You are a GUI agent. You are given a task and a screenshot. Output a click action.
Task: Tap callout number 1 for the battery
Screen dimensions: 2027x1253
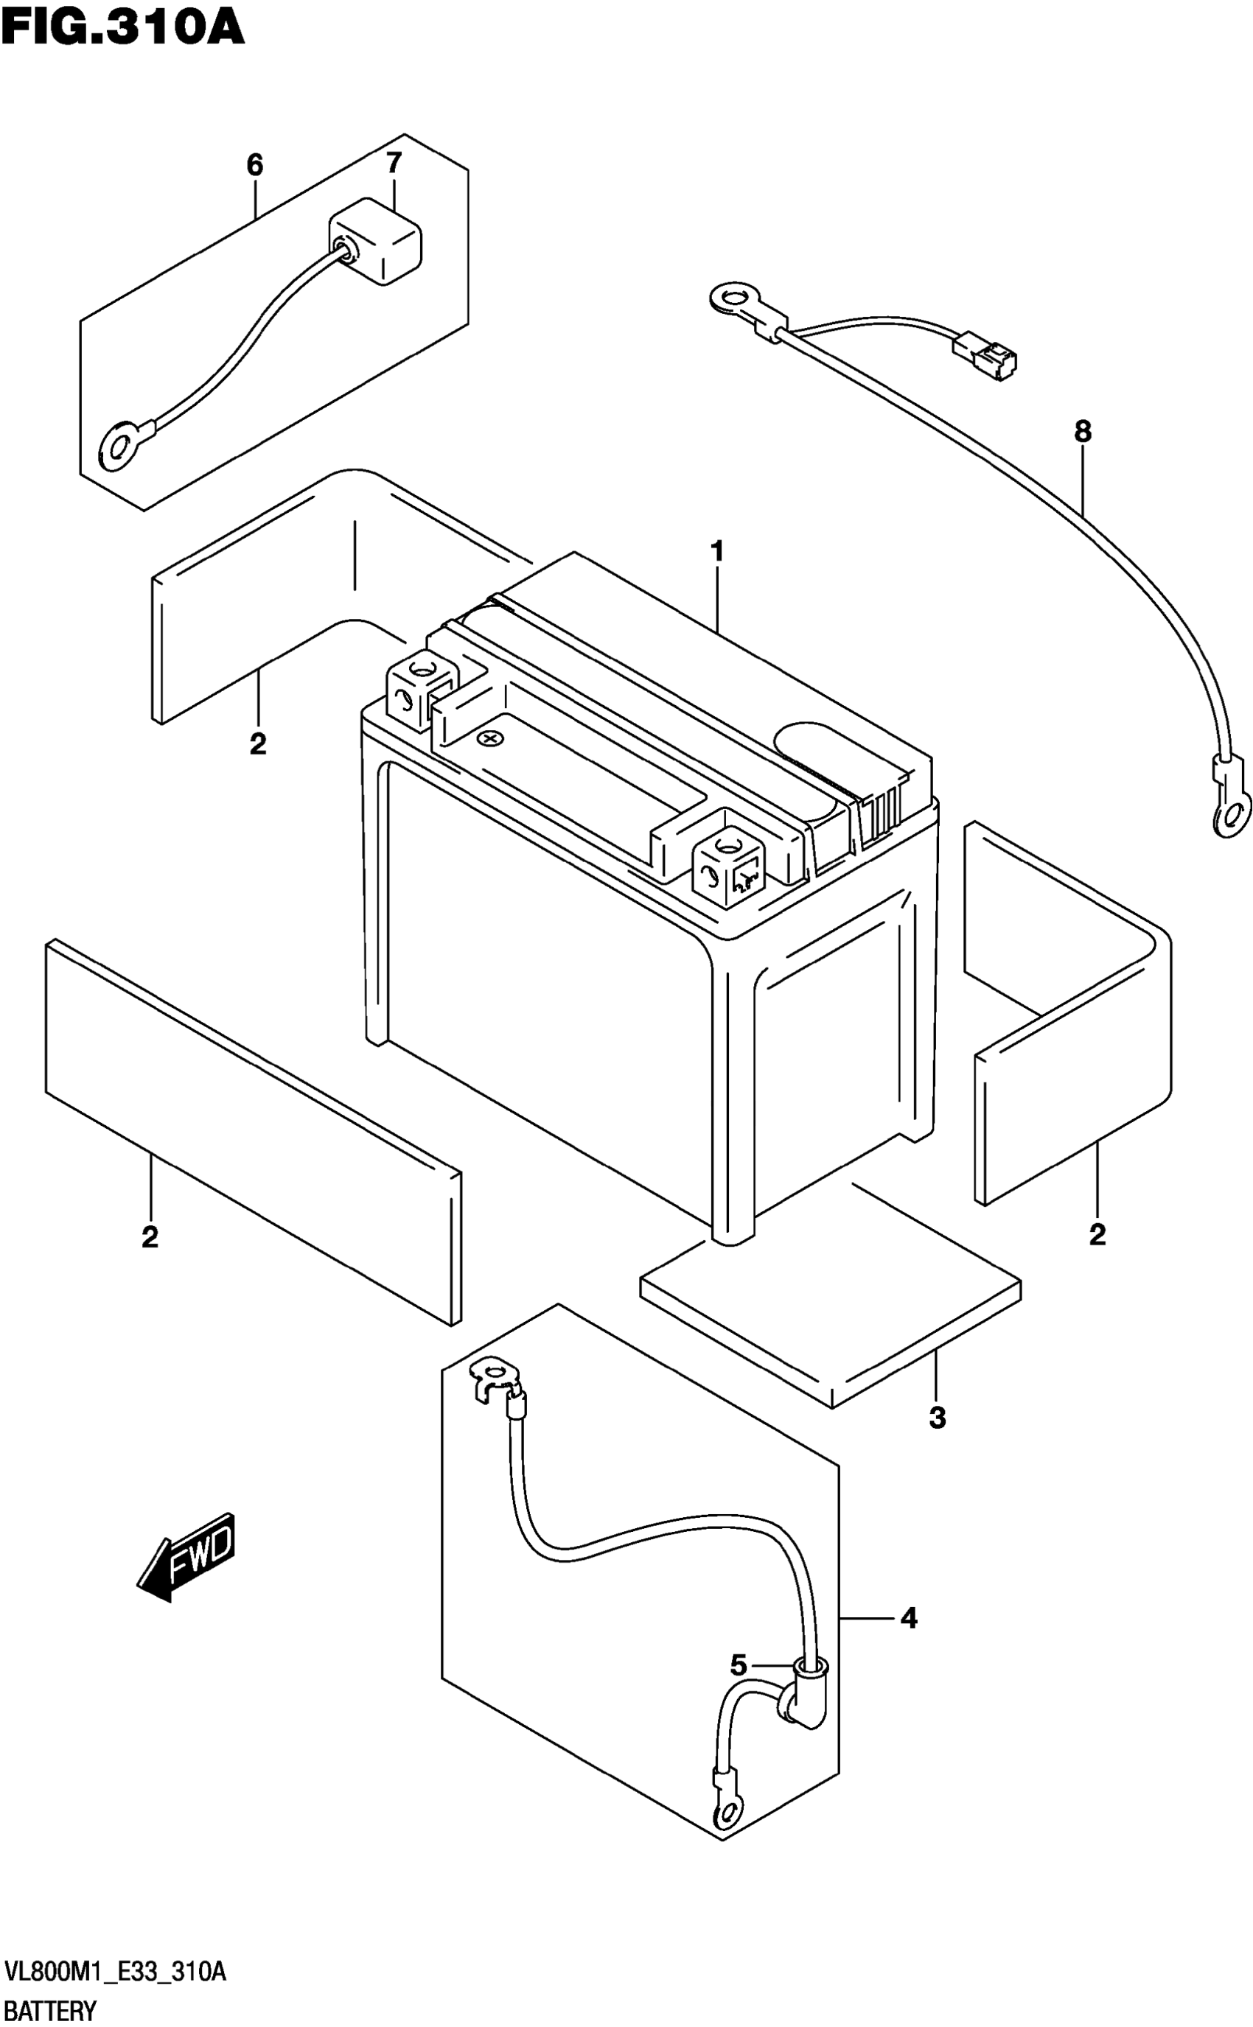[x=717, y=551]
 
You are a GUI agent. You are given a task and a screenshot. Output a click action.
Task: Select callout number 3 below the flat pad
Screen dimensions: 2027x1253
[x=937, y=1418]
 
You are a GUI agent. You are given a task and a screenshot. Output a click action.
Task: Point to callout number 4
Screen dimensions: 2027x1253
[x=909, y=1618]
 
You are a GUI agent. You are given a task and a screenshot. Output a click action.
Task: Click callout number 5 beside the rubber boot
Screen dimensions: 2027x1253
[x=739, y=1665]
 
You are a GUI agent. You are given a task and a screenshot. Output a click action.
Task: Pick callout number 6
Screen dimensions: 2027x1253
[x=254, y=165]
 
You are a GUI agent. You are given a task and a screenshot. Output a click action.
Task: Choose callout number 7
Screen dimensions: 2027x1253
[x=394, y=162]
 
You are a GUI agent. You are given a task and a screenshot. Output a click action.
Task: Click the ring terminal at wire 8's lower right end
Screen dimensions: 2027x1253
[x=1232, y=816]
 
